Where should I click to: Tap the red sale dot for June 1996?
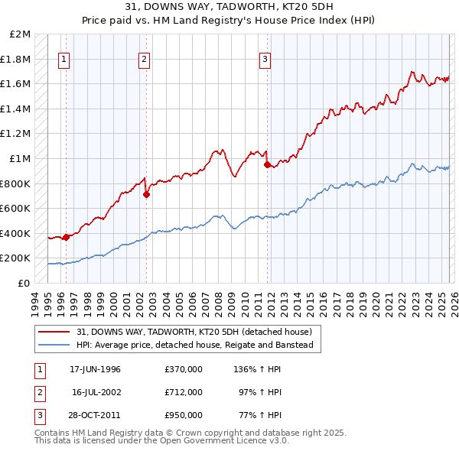coord(66,237)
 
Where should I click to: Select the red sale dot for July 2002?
coord(146,194)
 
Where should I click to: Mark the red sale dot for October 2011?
coord(267,164)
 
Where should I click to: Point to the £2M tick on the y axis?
coord(21,34)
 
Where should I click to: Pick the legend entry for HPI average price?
coord(195,346)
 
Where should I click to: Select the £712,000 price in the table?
coord(183,392)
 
